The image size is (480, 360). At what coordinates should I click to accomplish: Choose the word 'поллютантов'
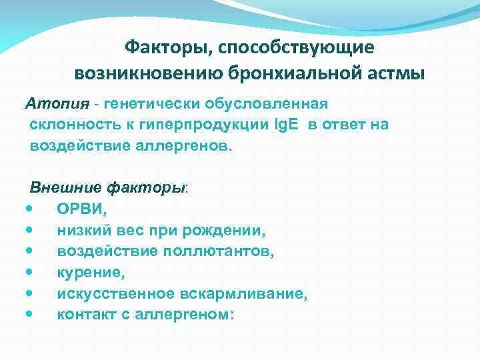pos(216,251)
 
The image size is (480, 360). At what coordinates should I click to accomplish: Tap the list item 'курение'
pos(91,272)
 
